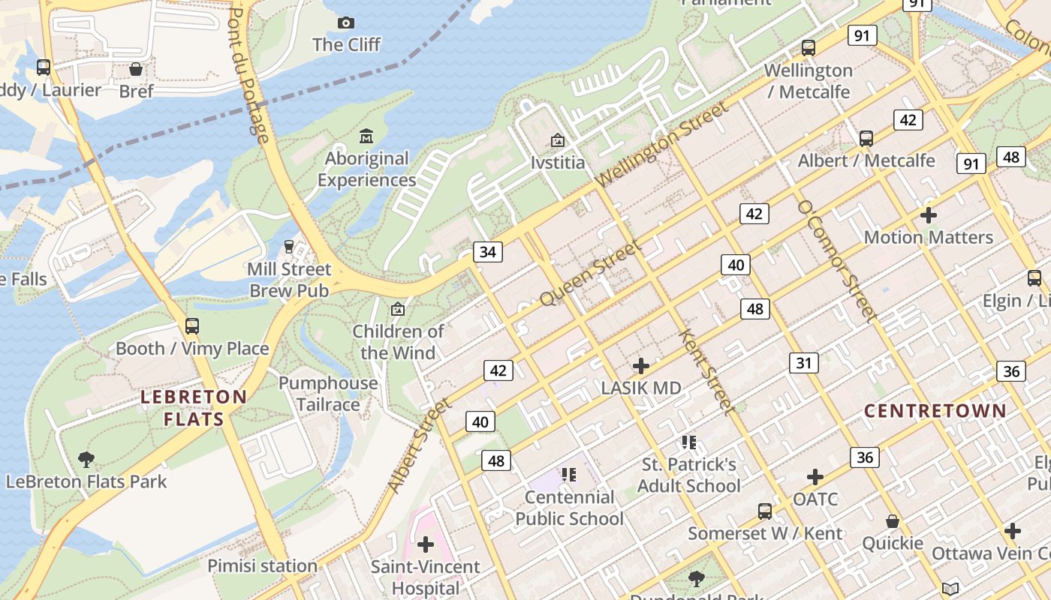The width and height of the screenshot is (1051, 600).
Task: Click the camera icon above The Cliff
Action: point(345,22)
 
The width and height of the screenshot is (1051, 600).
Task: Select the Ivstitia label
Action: point(557,162)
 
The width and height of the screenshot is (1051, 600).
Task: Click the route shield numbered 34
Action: point(488,252)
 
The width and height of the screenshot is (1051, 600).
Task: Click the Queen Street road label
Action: point(592,272)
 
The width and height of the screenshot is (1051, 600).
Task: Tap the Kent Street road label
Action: point(706,371)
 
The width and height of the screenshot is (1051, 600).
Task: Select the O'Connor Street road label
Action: point(837,260)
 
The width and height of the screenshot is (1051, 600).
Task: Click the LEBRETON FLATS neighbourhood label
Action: point(194,408)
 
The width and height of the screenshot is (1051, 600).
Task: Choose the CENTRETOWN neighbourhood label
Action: point(935,410)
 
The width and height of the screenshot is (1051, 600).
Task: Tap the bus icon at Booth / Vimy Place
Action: point(192,326)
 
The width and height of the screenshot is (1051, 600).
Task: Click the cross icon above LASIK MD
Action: point(640,366)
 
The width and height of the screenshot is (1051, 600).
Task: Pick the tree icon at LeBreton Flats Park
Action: point(86,459)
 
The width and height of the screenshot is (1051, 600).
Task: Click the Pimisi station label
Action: point(262,565)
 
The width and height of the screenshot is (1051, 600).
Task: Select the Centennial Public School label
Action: point(569,508)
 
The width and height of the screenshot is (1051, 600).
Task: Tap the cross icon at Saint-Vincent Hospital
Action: point(426,544)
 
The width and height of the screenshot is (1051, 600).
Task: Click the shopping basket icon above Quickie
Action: point(893,520)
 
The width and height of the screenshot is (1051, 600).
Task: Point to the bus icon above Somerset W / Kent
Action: point(764,511)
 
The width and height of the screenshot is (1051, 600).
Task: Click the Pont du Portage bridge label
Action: point(248,75)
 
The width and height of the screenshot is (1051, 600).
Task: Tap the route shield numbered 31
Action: point(803,364)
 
